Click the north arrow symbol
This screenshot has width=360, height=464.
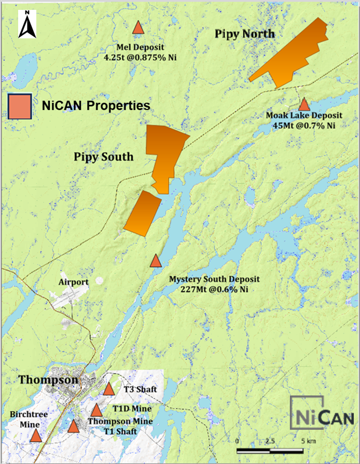point(26,25)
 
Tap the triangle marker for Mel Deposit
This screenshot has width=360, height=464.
point(138,27)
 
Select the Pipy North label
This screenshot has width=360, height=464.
point(244,34)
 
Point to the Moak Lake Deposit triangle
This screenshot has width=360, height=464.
point(304,104)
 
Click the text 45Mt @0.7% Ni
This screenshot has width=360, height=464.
point(304,125)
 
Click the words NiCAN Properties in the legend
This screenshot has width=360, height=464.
point(95,105)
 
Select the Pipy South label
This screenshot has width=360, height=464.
point(103,157)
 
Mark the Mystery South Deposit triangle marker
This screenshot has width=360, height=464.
point(156,261)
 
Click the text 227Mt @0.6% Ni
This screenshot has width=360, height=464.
point(210,289)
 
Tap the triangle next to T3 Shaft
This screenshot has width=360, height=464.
point(109,389)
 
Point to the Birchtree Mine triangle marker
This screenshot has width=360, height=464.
point(36,435)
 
